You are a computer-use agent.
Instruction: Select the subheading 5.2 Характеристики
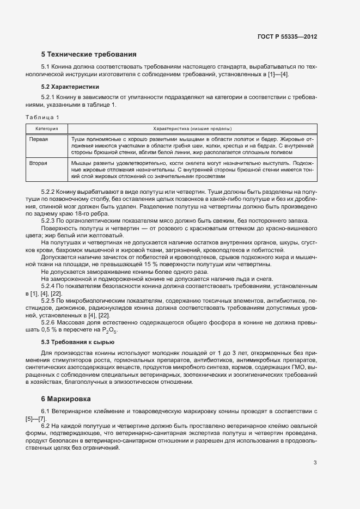coord(70,87)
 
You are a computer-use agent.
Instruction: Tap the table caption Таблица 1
coord(42,117)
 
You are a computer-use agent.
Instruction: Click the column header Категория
coord(47,129)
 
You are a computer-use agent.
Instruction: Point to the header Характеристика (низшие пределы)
coord(192,129)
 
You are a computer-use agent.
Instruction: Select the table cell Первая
coord(38,140)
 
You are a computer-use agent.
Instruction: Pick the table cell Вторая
coord(38,163)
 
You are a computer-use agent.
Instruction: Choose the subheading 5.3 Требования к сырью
coord(77,342)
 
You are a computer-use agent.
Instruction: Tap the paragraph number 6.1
coord(46,411)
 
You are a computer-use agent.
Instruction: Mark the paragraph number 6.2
coord(46,425)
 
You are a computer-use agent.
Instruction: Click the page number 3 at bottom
coord(315,463)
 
